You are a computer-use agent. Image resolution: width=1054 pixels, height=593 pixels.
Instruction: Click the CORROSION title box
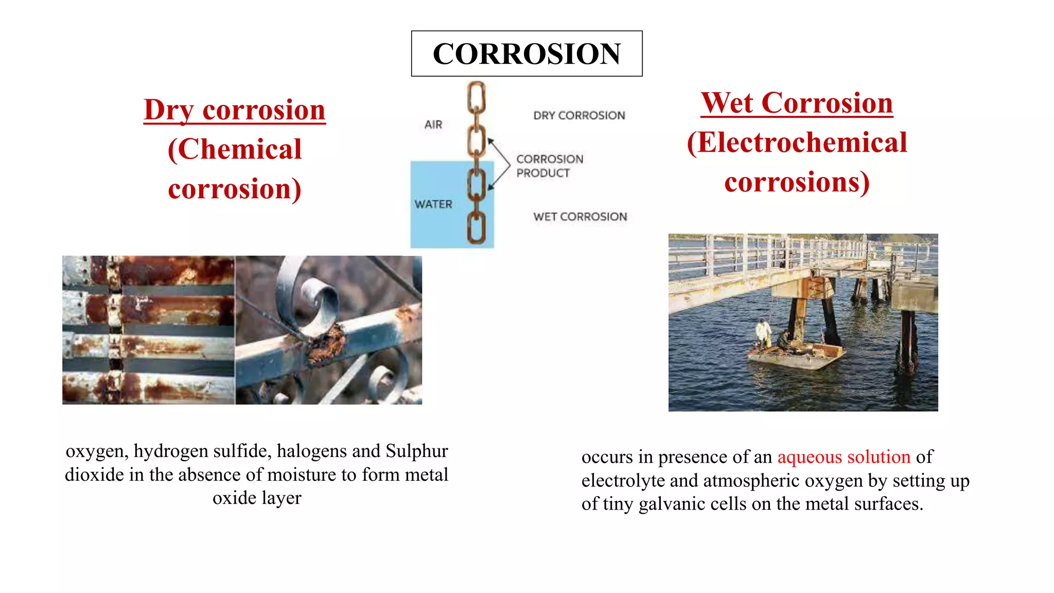click(x=526, y=54)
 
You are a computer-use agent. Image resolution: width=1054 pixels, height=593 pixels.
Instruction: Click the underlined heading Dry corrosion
click(x=235, y=110)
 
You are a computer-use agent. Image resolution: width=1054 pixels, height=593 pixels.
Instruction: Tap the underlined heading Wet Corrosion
click(x=797, y=103)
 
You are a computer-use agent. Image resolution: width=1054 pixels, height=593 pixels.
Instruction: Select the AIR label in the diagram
click(x=433, y=125)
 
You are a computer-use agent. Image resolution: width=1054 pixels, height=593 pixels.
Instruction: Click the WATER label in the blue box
click(x=433, y=204)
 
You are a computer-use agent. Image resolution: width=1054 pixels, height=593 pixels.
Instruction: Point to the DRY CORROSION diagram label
click(x=579, y=115)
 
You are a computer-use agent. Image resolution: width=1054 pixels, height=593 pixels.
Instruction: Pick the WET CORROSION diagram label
click(x=580, y=217)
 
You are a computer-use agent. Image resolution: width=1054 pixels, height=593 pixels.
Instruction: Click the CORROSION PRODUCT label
click(x=549, y=166)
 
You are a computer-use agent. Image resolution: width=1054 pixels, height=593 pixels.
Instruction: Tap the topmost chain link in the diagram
click(x=477, y=97)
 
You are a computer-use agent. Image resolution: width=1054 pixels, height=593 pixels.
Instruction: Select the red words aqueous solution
click(x=844, y=457)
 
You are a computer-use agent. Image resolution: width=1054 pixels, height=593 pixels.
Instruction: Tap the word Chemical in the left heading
click(x=240, y=150)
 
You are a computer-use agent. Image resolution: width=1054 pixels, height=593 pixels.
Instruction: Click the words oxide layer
click(x=257, y=498)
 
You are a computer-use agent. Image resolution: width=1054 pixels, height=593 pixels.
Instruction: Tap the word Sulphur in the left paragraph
click(x=416, y=451)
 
